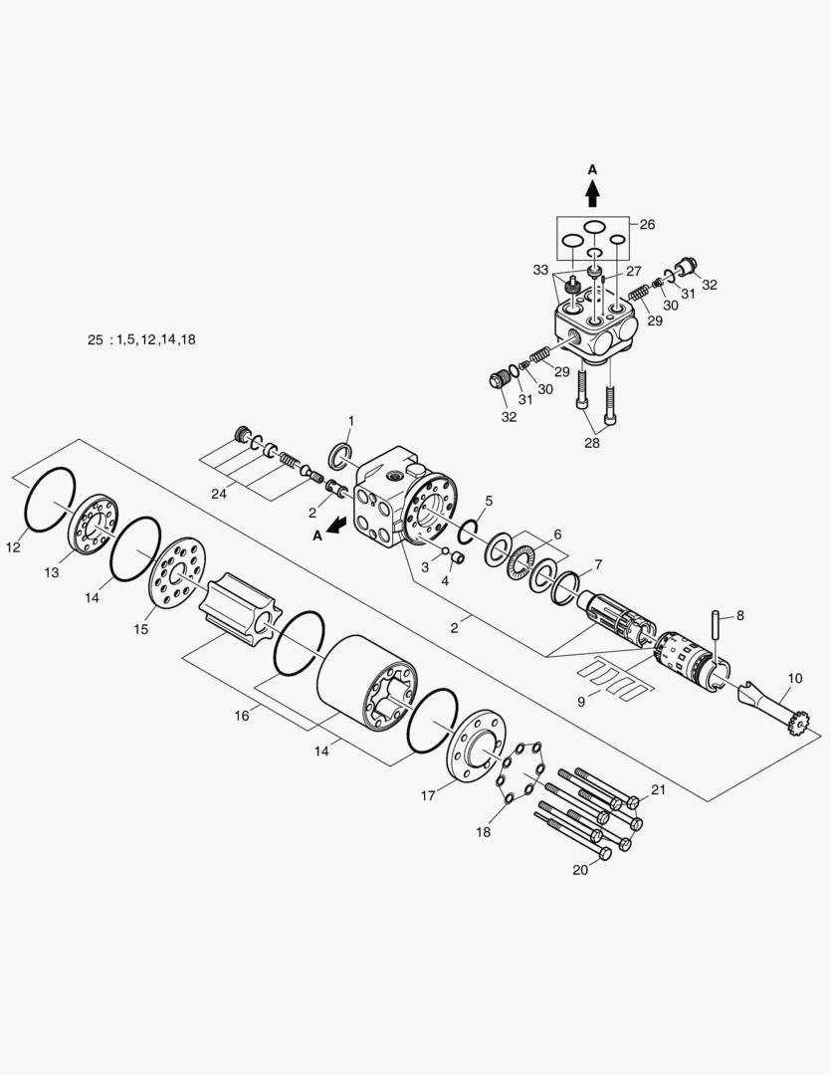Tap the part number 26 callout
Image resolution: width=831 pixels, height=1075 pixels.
tap(647, 224)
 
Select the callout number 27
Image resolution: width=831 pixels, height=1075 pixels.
tap(633, 272)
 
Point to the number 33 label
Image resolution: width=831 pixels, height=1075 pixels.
tap(541, 270)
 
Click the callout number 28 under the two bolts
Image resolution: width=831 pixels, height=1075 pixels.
tap(592, 443)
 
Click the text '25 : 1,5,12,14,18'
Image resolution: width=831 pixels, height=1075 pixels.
tap(141, 339)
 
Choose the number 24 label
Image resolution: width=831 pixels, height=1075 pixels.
tap(219, 494)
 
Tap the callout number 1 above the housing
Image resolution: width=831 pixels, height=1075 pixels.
tap(351, 420)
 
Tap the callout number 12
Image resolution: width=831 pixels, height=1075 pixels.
tap(13, 547)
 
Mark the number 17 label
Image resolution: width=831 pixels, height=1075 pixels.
tap(428, 795)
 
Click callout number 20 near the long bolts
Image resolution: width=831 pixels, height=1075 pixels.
tap(580, 870)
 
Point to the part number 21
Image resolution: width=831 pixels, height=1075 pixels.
tap(658, 789)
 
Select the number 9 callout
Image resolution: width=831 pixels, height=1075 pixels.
tap(581, 702)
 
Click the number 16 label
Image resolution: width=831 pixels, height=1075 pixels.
tap(242, 716)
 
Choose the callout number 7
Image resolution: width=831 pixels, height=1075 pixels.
tap(598, 564)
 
